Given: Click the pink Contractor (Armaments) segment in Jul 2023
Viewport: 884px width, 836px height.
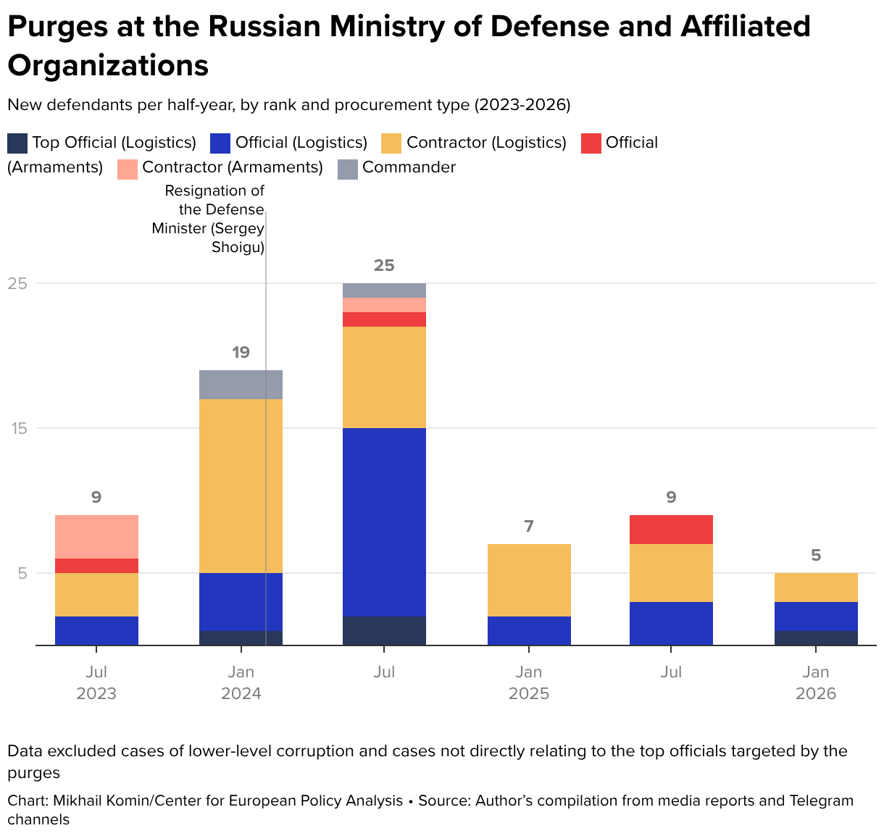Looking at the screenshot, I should (x=96, y=536).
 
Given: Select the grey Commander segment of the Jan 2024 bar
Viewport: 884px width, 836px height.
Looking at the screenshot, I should (x=241, y=384).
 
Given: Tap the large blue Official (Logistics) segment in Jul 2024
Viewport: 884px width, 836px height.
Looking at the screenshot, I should (x=384, y=522).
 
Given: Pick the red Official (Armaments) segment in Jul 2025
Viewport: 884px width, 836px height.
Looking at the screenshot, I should (x=671, y=529).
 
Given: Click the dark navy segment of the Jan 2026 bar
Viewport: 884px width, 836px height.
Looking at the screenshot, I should (x=816, y=638).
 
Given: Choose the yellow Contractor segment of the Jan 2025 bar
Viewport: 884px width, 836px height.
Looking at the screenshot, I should (x=529, y=580).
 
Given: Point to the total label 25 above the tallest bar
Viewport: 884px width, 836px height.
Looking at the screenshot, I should (x=384, y=266).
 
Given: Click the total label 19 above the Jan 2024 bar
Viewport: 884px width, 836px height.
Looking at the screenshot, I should (x=241, y=353).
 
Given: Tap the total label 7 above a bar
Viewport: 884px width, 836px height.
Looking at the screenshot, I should (x=529, y=527).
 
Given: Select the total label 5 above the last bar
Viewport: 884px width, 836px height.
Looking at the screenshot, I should (x=816, y=556).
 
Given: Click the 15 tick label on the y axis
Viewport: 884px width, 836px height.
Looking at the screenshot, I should (x=17, y=428).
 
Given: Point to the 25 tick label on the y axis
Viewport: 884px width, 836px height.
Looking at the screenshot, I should (x=17, y=283).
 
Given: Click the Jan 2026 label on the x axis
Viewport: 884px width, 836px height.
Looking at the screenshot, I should (x=816, y=683).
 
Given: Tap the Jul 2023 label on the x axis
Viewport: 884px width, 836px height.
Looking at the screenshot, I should (x=96, y=683).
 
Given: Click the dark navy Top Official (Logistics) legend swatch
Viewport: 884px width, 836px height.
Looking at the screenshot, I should (x=17, y=143).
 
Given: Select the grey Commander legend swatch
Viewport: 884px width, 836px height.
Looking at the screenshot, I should (x=348, y=168).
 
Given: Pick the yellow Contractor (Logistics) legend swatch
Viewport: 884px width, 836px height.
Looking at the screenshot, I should (x=392, y=143).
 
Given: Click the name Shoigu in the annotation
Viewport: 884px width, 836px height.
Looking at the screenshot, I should (x=238, y=248).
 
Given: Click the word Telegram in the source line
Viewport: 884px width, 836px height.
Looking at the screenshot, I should (x=822, y=801).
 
